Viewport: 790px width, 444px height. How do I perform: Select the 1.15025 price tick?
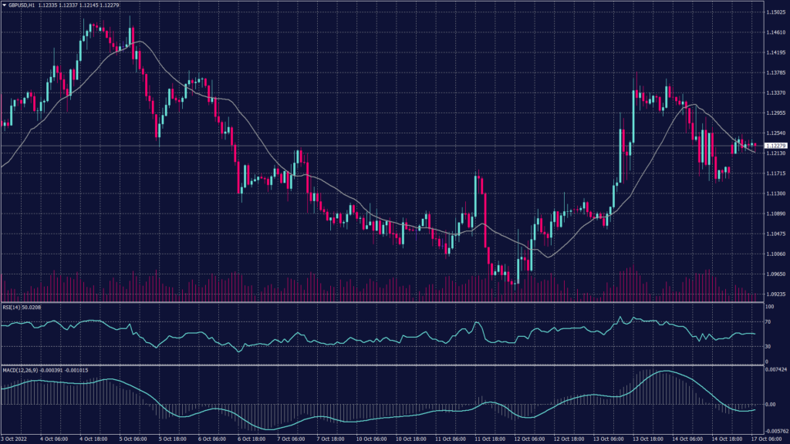[x=775, y=12]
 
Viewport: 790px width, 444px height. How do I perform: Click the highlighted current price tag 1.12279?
[x=775, y=145]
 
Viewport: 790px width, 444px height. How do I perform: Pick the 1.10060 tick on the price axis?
[x=775, y=254]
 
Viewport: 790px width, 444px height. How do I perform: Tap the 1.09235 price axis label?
[x=775, y=294]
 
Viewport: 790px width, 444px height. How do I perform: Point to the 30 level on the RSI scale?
[x=768, y=346]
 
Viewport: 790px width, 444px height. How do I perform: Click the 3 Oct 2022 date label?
[x=15, y=439]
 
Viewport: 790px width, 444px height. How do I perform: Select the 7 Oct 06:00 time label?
[x=291, y=439]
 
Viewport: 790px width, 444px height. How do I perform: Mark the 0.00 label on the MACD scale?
[x=770, y=403]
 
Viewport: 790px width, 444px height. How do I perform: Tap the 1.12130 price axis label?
[x=775, y=153]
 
